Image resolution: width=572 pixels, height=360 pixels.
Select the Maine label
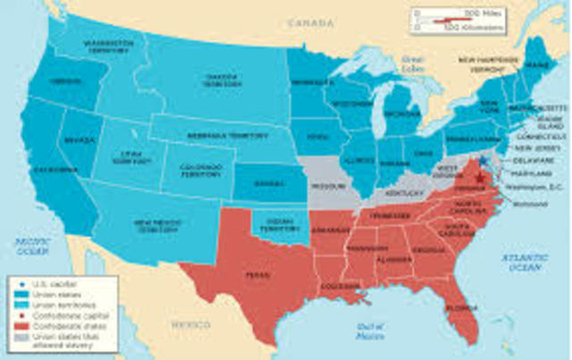tap(540, 63)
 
